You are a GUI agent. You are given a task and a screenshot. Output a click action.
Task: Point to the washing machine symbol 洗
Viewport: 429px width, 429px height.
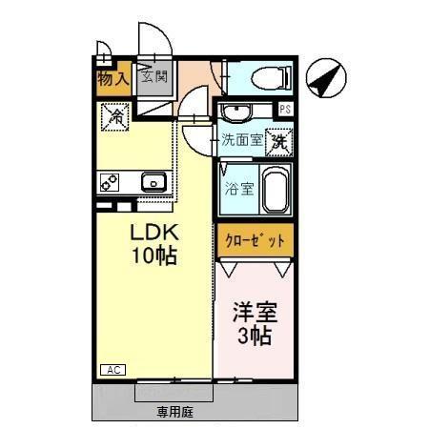pyautogui.click(x=277, y=140)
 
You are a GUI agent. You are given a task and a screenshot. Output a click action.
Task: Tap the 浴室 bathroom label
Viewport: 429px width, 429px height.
pyautogui.click(x=238, y=188)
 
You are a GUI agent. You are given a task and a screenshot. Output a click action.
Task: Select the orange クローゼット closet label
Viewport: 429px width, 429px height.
pyautogui.click(x=255, y=240)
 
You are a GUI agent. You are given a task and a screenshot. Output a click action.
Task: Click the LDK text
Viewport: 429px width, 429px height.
pyautogui.click(x=153, y=234)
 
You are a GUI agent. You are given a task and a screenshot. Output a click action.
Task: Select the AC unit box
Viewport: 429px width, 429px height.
pyautogui.click(x=111, y=369)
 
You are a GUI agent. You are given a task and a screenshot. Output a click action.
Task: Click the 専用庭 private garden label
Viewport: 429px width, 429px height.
pyautogui.click(x=175, y=413)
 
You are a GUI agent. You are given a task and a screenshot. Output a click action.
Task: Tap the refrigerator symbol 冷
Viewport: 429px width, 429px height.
pyautogui.click(x=112, y=117)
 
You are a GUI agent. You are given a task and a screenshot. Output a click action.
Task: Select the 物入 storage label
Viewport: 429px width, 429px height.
pyautogui.click(x=112, y=78)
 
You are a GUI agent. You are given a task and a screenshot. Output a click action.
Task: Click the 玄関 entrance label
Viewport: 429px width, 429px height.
pyautogui.click(x=154, y=77)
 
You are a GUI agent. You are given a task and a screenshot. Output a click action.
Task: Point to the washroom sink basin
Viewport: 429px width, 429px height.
pyautogui.click(x=236, y=113)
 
